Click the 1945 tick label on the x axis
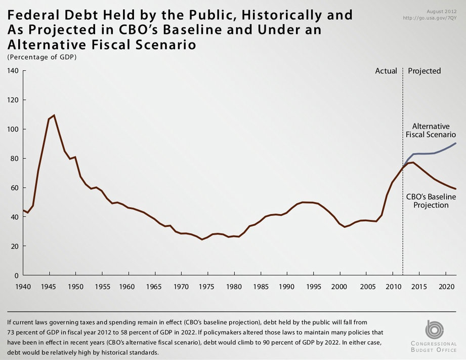point(50,287)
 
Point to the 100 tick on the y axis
point(13,129)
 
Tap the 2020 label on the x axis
point(446,287)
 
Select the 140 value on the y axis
point(13,71)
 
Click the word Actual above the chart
point(386,71)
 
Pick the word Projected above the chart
point(425,71)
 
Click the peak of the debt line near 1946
point(54,115)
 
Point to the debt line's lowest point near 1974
point(202,239)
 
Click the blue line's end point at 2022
point(456,143)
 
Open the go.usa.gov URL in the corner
point(430,18)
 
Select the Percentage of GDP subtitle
point(42,57)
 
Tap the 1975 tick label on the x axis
point(207,287)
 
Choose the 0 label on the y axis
point(16,275)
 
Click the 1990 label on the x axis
point(287,287)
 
